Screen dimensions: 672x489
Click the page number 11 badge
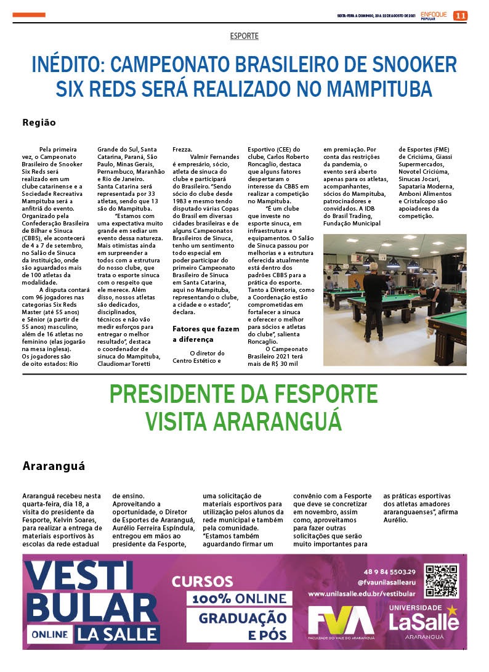(x=460, y=15)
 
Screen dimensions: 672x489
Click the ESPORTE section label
(x=244, y=36)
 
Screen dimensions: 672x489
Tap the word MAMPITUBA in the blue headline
(x=379, y=89)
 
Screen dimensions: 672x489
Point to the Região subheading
(x=39, y=123)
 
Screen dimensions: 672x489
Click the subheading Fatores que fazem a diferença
(x=205, y=334)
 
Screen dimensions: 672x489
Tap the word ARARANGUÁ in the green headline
(x=277, y=421)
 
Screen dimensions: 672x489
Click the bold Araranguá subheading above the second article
(x=54, y=466)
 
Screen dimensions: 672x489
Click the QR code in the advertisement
(x=442, y=580)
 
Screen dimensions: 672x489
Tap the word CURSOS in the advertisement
(x=202, y=581)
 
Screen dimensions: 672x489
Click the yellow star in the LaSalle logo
(x=453, y=610)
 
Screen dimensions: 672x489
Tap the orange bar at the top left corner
(x=30, y=14)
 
